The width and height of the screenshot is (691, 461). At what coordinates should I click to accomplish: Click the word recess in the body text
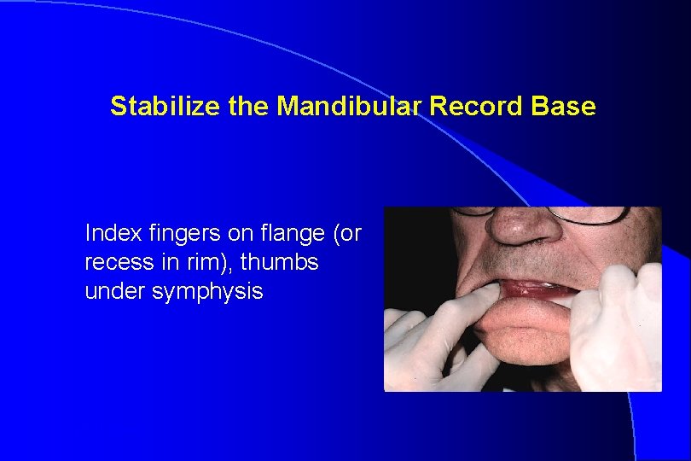coord(113,262)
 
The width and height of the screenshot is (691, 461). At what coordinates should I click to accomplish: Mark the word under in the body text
coord(111,291)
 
